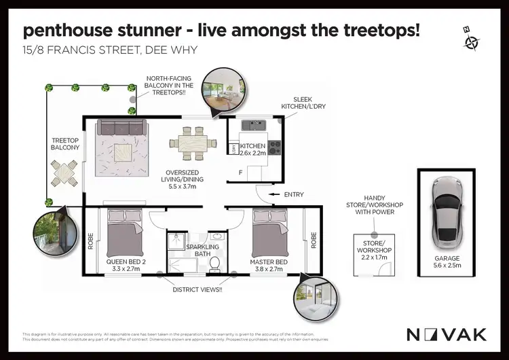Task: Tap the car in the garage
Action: [x=447, y=212]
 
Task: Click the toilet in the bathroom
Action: [x=214, y=263]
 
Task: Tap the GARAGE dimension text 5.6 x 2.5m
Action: [x=447, y=267]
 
